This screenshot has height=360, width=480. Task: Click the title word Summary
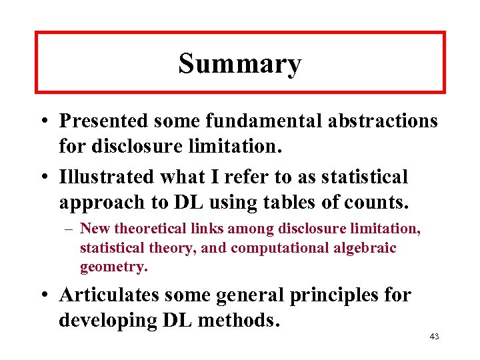(x=240, y=64)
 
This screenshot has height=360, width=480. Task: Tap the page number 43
(x=434, y=337)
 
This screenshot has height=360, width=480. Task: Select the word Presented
(x=104, y=121)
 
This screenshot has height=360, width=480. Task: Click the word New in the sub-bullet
(x=93, y=229)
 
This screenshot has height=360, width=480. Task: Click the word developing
(x=107, y=320)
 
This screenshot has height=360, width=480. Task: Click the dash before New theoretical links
(x=71, y=229)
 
